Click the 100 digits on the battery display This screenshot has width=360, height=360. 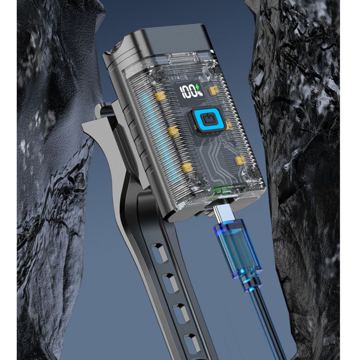[x=188, y=92]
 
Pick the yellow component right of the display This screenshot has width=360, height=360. [x=213, y=90]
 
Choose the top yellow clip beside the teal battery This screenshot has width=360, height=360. [x=161, y=96]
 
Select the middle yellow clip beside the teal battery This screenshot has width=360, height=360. [x=174, y=132]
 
